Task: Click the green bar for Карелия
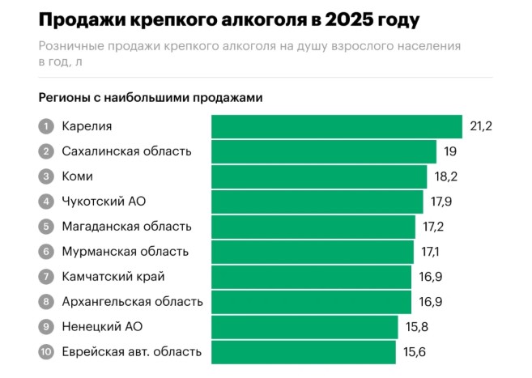pyautogui.click(x=337, y=126)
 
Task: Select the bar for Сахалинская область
pyautogui.click(x=324, y=151)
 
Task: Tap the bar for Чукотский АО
pyautogui.click(x=317, y=202)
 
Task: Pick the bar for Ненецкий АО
pyautogui.click(x=304, y=327)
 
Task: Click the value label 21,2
pyautogui.click(x=481, y=126)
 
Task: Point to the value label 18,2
pyautogui.click(x=445, y=176)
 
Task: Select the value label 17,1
pyautogui.click(x=432, y=252)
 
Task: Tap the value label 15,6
pyautogui.click(x=415, y=352)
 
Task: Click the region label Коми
pyautogui.click(x=77, y=176)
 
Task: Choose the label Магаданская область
pyautogui.click(x=126, y=227)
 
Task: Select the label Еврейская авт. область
pyautogui.click(x=131, y=352)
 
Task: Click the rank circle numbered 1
pyautogui.click(x=46, y=126)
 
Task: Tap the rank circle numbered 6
pyautogui.click(x=46, y=252)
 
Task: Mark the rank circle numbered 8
pyautogui.click(x=46, y=302)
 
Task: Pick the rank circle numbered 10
pyautogui.click(x=46, y=352)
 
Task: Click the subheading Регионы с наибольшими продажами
pyautogui.click(x=151, y=98)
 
